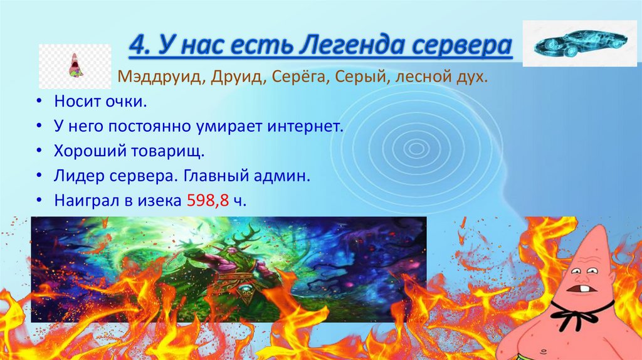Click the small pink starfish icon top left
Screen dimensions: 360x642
75,65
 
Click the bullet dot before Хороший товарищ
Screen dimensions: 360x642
39,152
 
